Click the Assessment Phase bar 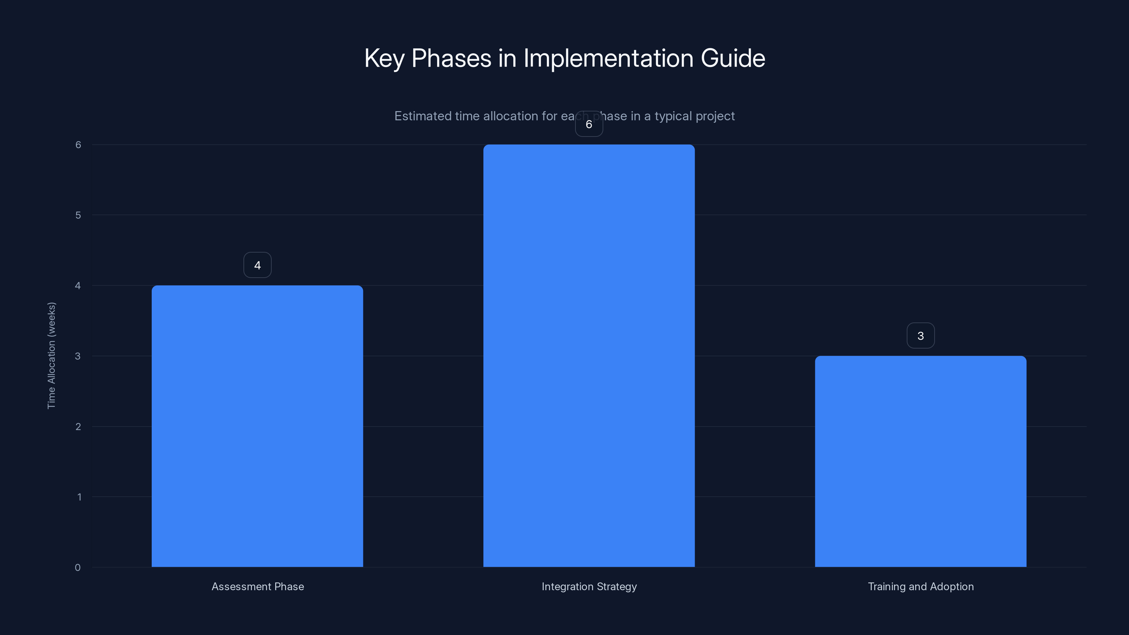point(257,426)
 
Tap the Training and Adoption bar point(920,461)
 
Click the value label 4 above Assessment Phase point(257,265)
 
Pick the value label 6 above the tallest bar point(588,125)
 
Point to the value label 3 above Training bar point(920,336)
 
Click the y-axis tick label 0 point(78,568)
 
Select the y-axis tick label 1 point(79,497)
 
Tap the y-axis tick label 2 point(78,427)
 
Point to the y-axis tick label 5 point(78,215)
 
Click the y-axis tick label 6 point(78,145)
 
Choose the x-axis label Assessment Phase point(258,586)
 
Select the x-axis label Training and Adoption point(920,586)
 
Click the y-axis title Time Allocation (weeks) point(51,355)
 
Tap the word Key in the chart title point(384,58)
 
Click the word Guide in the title point(733,58)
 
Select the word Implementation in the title point(608,58)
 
